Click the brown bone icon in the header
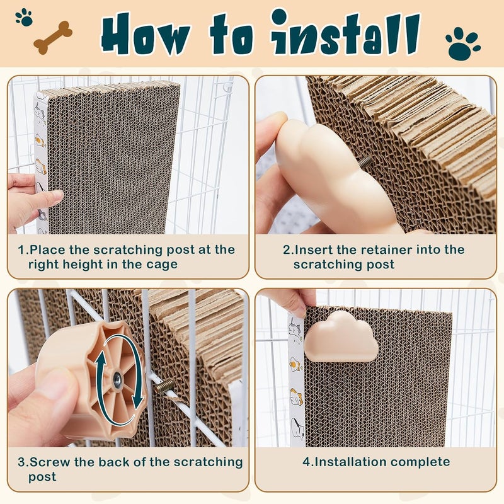click(x=53, y=37)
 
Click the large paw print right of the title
click(x=463, y=43)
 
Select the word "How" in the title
click(x=146, y=34)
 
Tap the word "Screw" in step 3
click(x=50, y=462)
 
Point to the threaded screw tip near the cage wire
click(x=164, y=386)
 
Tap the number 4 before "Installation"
click(x=306, y=462)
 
